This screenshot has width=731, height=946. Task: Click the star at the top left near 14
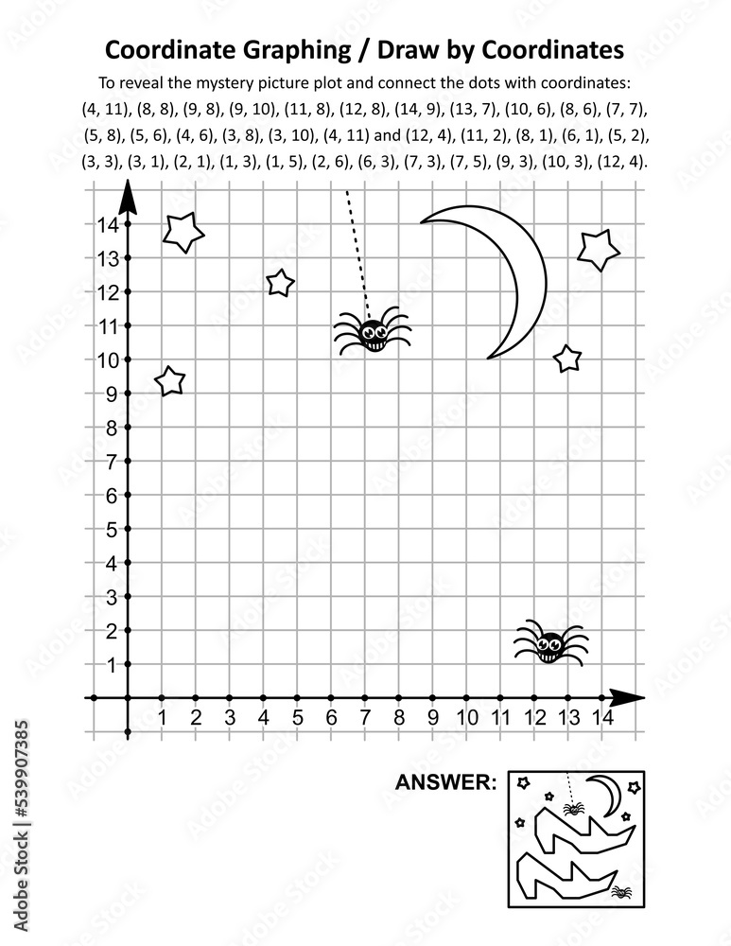click(183, 231)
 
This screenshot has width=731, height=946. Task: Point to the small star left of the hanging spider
click(280, 282)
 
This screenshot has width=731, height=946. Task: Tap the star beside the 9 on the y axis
click(169, 380)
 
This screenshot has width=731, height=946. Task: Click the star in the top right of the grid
click(598, 250)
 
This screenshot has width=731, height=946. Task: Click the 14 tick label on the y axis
click(106, 224)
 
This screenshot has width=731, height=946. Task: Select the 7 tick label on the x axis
click(365, 717)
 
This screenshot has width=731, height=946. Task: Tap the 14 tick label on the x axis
click(600, 717)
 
